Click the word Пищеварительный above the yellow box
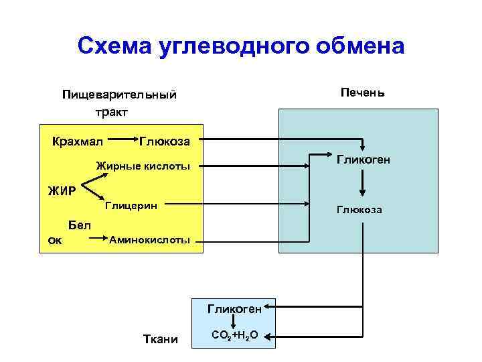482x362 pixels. click(x=119, y=95)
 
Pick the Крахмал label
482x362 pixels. click(x=78, y=141)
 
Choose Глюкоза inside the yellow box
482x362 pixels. click(x=165, y=141)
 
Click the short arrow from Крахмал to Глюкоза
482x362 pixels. click(x=120, y=141)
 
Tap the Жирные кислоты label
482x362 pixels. click(x=143, y=166)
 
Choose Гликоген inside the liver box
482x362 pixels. click(x=364, y=160)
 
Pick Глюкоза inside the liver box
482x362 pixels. click(x=360, y=210)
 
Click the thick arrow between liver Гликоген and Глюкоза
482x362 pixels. click(x=363, y=182)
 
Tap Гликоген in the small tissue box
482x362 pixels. click(x=234, y=309)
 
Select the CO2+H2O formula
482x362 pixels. click(x=234, y=335)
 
